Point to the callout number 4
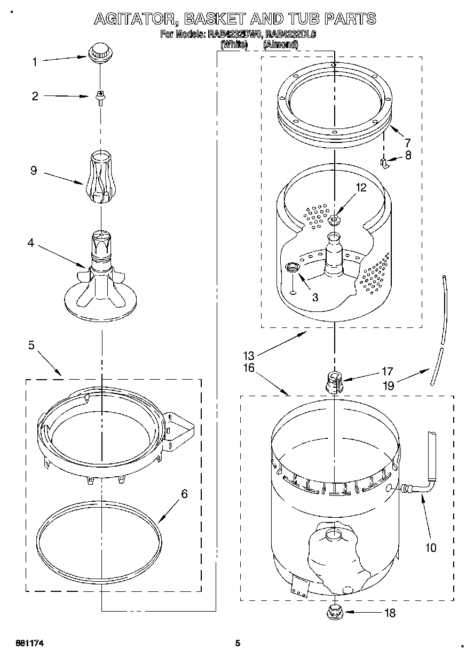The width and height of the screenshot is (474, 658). click(30, 243)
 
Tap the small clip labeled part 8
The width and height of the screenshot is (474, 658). click(383, 163)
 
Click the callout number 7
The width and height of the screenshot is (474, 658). click(407, 142)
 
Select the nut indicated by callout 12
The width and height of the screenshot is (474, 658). click(335, 219)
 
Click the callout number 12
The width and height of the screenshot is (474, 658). click(362, 187)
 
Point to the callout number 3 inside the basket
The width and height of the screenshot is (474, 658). click(315, 298)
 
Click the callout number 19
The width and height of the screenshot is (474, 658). click(388, 385)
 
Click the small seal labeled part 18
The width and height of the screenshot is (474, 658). click(335, 611)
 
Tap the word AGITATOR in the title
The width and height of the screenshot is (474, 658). click(135, 20)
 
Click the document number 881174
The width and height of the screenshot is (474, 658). click(29, 644)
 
